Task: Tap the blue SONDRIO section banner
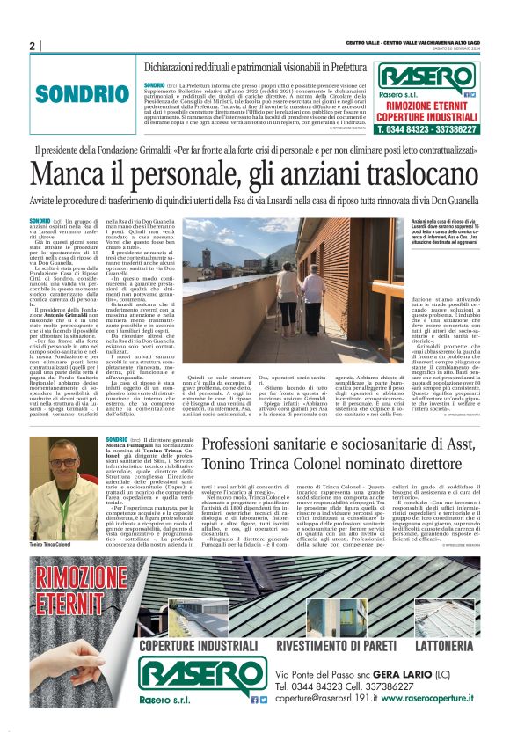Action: [76, 92]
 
